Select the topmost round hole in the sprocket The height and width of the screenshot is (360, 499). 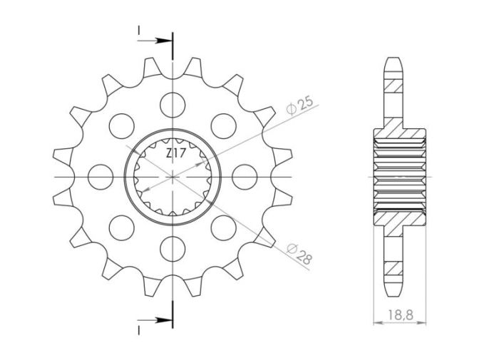pyautogui.click(x=172, y=102)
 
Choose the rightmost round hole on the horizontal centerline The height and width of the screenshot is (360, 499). pyautogui.click(x=245, y=175)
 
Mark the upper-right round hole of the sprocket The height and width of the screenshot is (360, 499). pyautogui.click(x=224, y=123)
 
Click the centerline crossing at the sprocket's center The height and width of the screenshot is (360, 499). pyautogui.click(x=172, y=175)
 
